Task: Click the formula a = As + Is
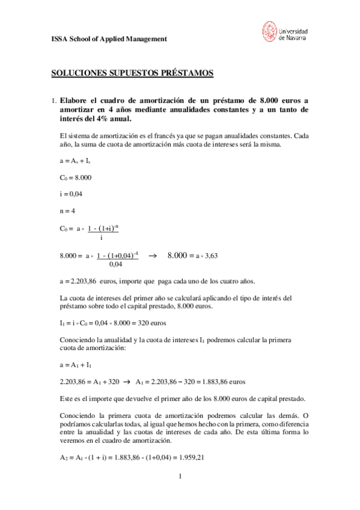76,161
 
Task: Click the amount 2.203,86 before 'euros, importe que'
80,281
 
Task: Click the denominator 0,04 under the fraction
116,263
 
